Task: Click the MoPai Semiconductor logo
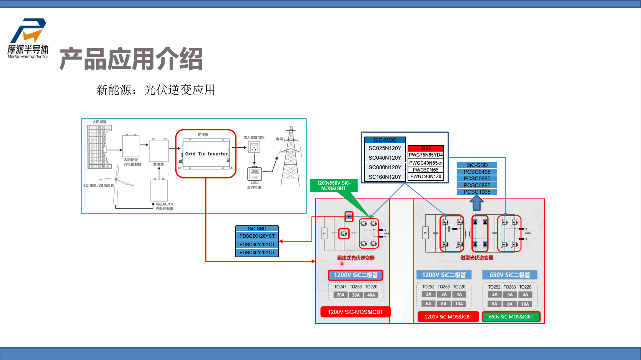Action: point(28,38)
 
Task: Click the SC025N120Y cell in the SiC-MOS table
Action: point(385,148)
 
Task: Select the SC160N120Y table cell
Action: point(385,177)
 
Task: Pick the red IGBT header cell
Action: point(426,148)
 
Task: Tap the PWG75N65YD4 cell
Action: point(426,155)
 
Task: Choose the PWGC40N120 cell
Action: point(426,177)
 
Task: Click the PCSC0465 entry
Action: point(477,172)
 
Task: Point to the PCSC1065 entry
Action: point(477,192)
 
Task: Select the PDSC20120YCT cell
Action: point(257,236)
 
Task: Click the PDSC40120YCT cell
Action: point(257,253)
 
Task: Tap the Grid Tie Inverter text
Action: point(206,154)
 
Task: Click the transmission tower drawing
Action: point(291,158)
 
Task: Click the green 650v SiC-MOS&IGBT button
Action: point(511,317)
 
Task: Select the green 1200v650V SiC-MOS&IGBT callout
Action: point(333,186)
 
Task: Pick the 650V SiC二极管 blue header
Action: point(509,275)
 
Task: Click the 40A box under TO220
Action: point(371,295)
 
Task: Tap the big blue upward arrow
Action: point(477,202)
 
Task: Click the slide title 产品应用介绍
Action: point(131,59)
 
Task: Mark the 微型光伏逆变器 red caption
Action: point(477,258)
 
